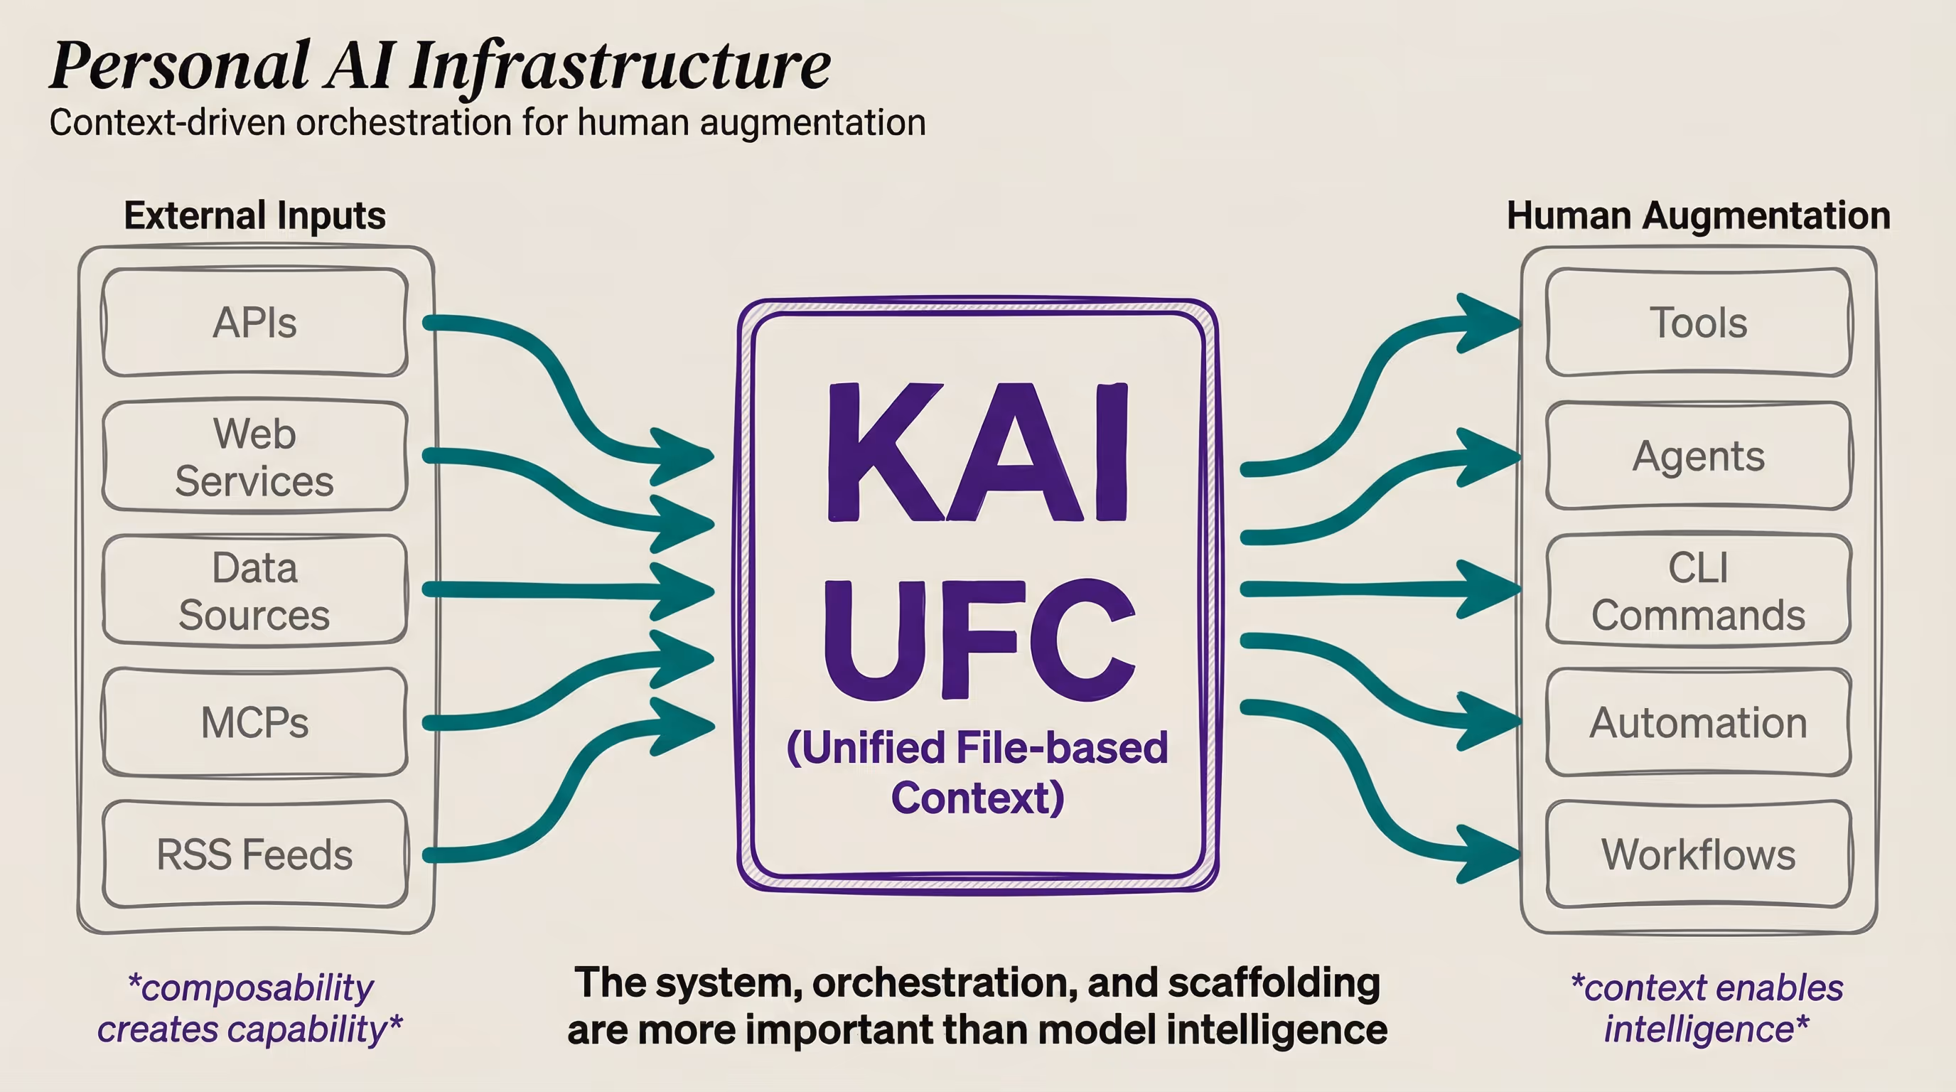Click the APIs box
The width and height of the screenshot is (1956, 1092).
pyautogui.click(x=255, y=322)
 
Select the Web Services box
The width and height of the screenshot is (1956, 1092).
pyautogui.click(x=255, y=456)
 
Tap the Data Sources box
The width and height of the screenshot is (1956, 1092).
pyautogui.click(x=255, y=590)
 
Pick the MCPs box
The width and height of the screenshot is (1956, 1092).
pyautogui.click(x=255, y=722)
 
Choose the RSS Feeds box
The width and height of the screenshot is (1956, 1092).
pyautogui.click(x=255, y=855)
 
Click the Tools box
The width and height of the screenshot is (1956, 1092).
pyautogui.click(x=1699, y=322)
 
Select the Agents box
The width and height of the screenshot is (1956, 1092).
pyautogui.click(x=1699, y=456)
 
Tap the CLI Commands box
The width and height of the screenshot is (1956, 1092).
pyautogui.click(x=1699, y=590)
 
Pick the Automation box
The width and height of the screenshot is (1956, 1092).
pyautogui.click(x=1699, y=722)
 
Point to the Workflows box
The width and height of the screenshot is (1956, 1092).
pyautogui.click(x=1699, y=855)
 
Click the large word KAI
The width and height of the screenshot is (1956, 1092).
pyautogui.click(x=978, y=454)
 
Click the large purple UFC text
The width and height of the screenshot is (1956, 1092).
pyautogui.click(x=979, y=639)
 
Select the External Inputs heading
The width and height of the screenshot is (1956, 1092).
pyautogui.click(x=255, y=215)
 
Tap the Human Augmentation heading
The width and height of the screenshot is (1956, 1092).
pyautogui.click(x=1699, y=215)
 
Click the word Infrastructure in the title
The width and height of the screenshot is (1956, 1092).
pyautogui.click(x=620, y=67)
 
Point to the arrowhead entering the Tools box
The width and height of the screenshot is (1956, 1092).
pyautogui.click(x=1488, y=323)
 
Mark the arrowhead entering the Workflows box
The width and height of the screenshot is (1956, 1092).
pyautogui.click(x=1488, y=855)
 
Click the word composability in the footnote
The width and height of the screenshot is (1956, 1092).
pyautogui.click(x=258, y=988)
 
